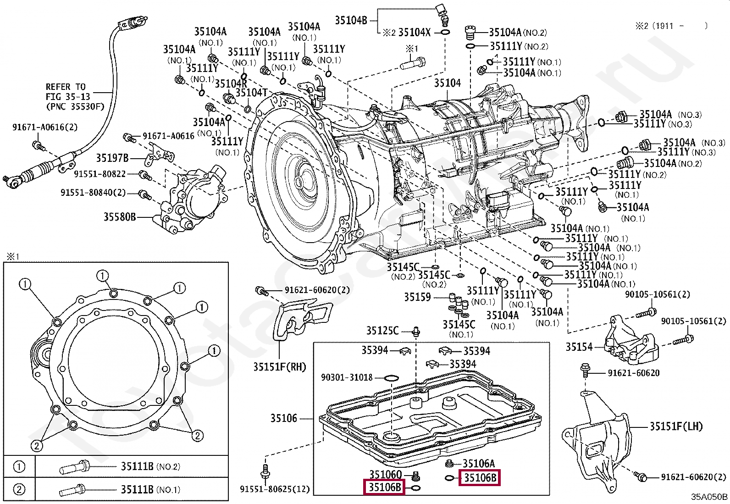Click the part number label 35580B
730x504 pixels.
pyautogui.click(x=120, y=216)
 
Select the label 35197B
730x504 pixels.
pyautogui.click(x=112, y=158)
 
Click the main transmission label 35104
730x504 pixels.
pyautogui.click(x=448, y=83)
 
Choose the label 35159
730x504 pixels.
pyautogui.click(x=417, y=297)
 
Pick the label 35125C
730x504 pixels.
pyautogui.click(x=382, y=330)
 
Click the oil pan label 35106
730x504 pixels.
pyautogui.click(x=284, y=418)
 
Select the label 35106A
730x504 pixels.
pyautogui.click(x=479, y=464)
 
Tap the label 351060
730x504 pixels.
pyautogui.click(x=385, y=474)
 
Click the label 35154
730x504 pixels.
pyautogui.click(x=579, y=347)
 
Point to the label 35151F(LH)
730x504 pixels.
pyautogui.click(x=676, y=426)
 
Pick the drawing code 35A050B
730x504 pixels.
pyautogui.click(x=709, y=497)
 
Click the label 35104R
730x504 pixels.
pyautogui.click(x=231, y=83)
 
